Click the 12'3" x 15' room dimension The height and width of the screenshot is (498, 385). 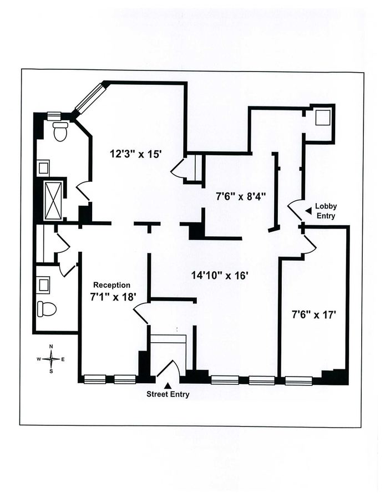[x=136, y=154]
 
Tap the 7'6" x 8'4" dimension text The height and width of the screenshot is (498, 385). [x=241, y=195]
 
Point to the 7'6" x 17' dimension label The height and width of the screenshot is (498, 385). [x=314, y=314]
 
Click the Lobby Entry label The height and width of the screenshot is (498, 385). [x=326, y=211]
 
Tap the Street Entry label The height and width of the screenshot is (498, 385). [x=168, y=394]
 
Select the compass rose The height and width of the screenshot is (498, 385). [x=51, y=359]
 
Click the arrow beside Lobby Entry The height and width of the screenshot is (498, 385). [x=308, y=210]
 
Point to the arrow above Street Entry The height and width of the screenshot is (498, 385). [x=168, y=384]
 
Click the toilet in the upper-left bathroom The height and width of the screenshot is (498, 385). [x=60, y=132]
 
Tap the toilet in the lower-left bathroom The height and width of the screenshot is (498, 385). [x=48, y=308]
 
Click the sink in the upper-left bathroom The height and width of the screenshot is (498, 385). [x=43, y=167]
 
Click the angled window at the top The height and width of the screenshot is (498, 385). [x=89, y=99]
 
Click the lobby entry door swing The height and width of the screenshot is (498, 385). [x=296, y=208]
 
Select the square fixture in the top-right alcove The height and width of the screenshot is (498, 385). [x=322, y=118]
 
